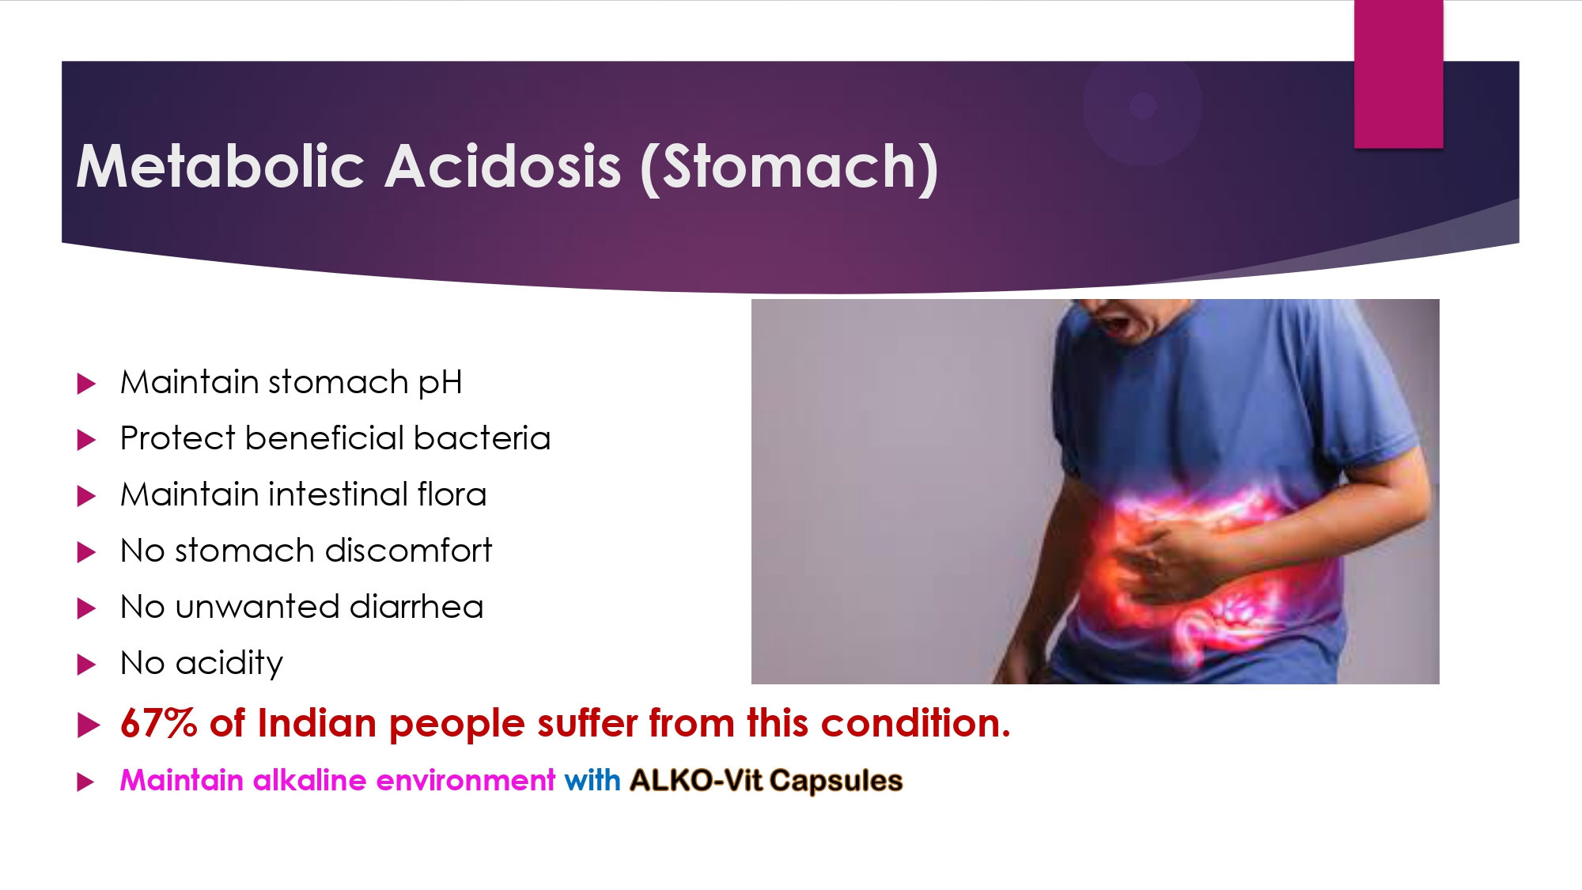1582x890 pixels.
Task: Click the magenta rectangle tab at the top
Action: pos(1398,74)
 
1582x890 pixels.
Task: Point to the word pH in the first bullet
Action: pos(440,384)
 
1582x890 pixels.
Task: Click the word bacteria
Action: pos(482,438)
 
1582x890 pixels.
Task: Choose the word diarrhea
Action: pos(416,607)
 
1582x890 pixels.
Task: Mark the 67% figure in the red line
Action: pos(159,723)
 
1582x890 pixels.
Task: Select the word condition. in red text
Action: pos(916,723)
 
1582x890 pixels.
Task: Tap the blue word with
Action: pos(592,781)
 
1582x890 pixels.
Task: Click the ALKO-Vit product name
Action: pos(696,781)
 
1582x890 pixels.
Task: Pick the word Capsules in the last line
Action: pos(836,782)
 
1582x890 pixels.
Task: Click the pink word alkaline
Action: pos(309,781)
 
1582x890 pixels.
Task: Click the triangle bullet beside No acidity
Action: pos(86,665)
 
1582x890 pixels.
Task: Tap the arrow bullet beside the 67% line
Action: pos(89,725)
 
